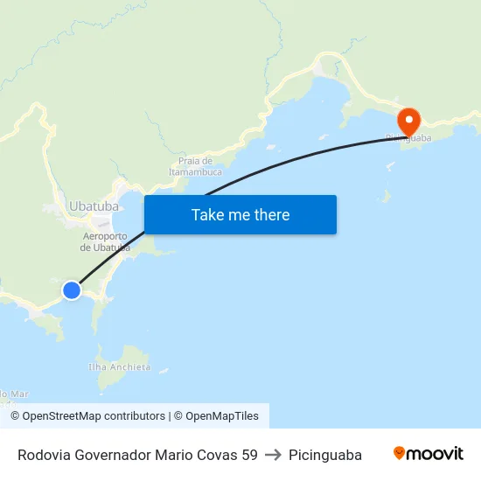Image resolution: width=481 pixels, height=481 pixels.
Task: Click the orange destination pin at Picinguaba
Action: (408, 121)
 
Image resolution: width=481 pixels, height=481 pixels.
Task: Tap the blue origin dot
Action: (72, 289)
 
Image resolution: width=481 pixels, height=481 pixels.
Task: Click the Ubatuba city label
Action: (93, 206)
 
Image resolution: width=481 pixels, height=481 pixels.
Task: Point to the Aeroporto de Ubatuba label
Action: (105, 241)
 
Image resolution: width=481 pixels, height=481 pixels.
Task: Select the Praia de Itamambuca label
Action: (195, 166)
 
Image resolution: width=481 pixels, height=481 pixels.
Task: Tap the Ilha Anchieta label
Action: (121, 367)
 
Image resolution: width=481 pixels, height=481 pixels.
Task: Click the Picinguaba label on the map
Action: (408, 138)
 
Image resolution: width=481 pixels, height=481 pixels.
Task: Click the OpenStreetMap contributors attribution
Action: (87, 416)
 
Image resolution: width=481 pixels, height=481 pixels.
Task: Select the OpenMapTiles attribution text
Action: (216, 416)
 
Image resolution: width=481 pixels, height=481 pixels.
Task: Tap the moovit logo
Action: (429, 454)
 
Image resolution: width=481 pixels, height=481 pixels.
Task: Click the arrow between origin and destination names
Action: (273, 455)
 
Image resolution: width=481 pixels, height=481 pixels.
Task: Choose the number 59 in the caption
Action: (248, 455)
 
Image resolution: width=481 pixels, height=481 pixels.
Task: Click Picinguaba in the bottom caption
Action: (325, 455)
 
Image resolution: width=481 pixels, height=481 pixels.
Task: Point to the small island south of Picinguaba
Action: (385, 196)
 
